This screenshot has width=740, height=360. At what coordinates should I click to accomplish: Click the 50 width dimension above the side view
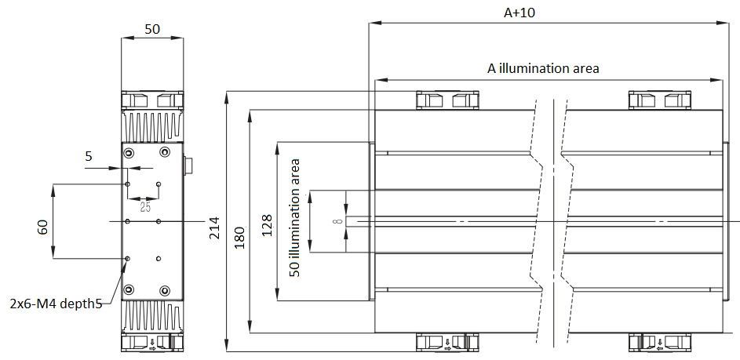[x=152, y=29]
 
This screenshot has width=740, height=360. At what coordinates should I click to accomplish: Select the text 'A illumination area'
[x=543, y=68]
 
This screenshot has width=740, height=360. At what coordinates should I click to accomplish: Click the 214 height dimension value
[x=214, y=227]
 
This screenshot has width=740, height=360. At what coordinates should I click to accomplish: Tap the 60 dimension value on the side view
[x=43, y=227]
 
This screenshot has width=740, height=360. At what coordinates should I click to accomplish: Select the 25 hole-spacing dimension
[x=145, y=208]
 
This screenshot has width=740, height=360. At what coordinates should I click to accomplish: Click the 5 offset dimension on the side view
[x=89, y=155]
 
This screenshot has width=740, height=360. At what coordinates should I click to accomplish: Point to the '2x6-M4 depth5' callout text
[x=56, y=303]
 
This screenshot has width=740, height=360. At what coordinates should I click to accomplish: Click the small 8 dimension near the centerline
[x=337, y=222]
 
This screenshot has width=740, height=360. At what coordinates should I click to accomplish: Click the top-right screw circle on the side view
[x=164, y=152]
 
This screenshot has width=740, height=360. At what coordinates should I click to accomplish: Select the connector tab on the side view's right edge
[x=188, y=166]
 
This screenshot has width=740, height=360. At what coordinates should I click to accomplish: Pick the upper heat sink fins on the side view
[x=153, y=125]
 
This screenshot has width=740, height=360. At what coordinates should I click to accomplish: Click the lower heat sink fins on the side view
[x=153, y=317]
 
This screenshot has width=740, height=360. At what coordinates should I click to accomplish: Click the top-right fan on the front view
[x=659, y=100]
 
